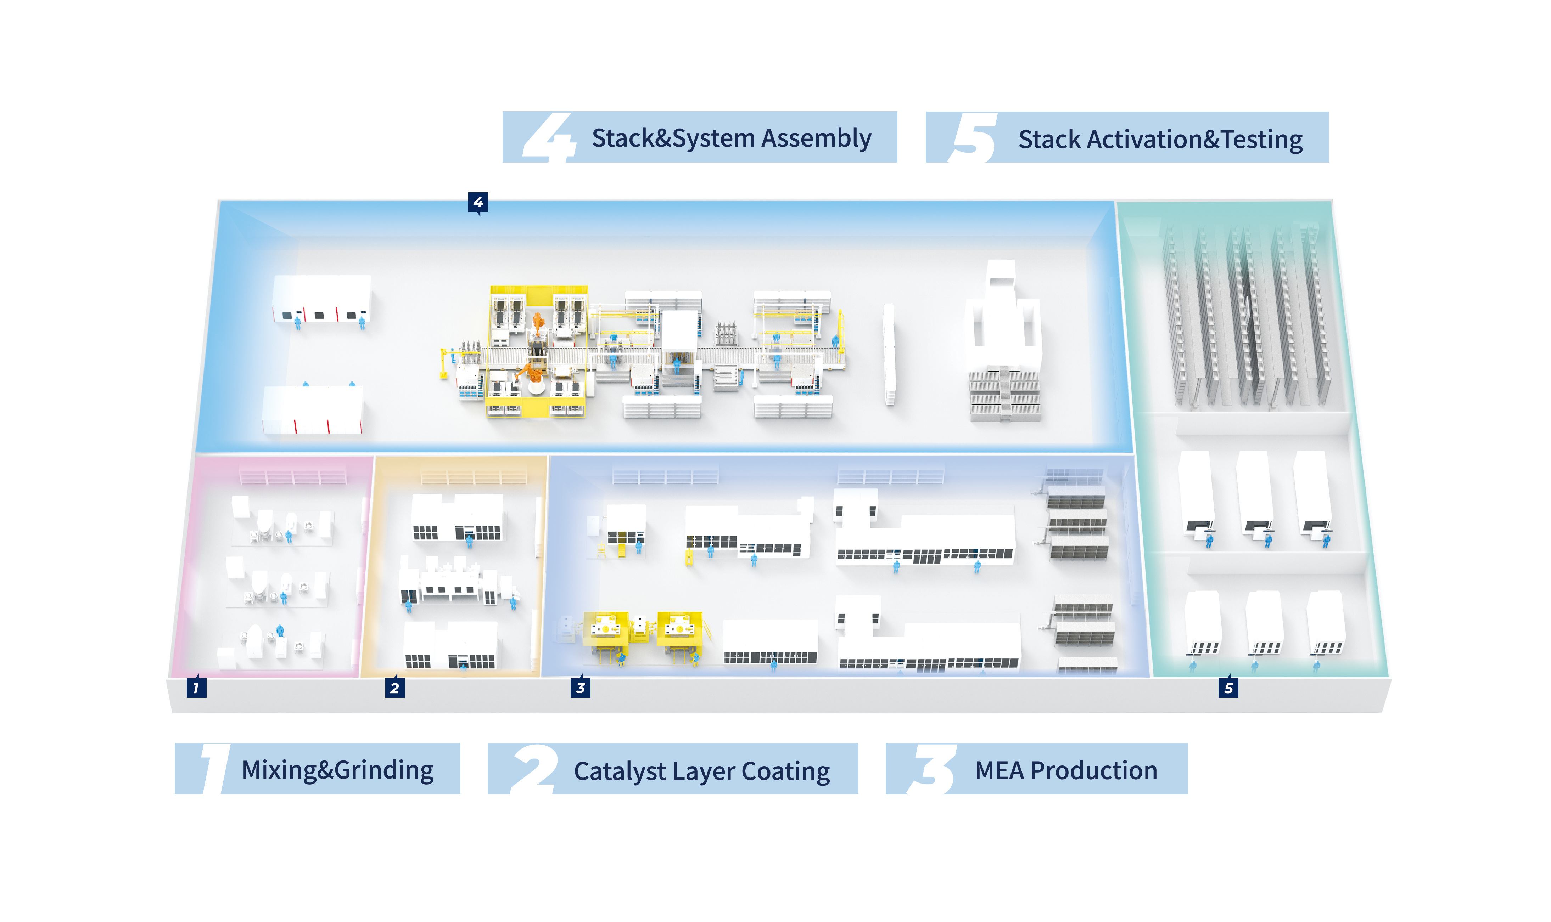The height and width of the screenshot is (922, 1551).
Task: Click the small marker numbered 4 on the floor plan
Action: tap(477, 202)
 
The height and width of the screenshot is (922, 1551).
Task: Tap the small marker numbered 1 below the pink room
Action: tap(196, 688)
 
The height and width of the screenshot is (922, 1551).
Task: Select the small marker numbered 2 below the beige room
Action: tap(395, 688)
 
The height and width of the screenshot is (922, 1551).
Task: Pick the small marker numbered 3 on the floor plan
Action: tap(580, 688)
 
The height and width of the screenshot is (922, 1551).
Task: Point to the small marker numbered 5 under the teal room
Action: tap(1228, 688)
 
